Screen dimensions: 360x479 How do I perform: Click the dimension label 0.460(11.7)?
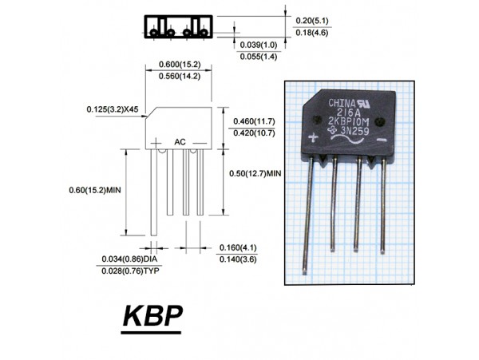click(253, 121)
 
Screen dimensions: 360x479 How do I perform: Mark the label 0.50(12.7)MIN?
click(255, 173)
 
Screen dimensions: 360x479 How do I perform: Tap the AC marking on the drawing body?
click(180, 141)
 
